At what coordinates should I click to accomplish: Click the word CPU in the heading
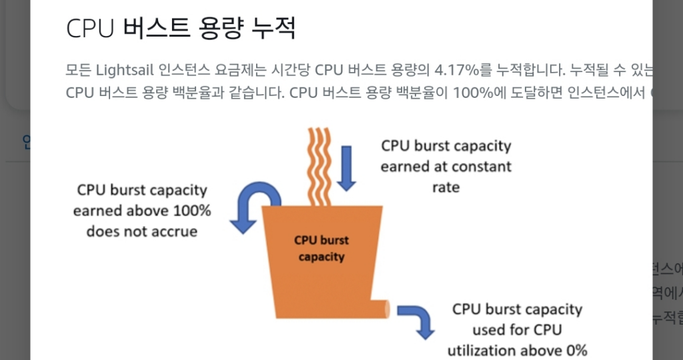click(91, 29)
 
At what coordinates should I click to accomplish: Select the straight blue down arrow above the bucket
click(347, 167)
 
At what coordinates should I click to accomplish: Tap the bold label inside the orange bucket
click(322, 248)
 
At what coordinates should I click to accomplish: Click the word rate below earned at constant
click(446, 187)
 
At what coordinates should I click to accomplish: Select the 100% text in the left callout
click(189, 211)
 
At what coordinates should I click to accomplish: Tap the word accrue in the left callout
click(175, 232)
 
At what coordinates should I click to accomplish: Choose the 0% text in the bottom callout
click(574, 351)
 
